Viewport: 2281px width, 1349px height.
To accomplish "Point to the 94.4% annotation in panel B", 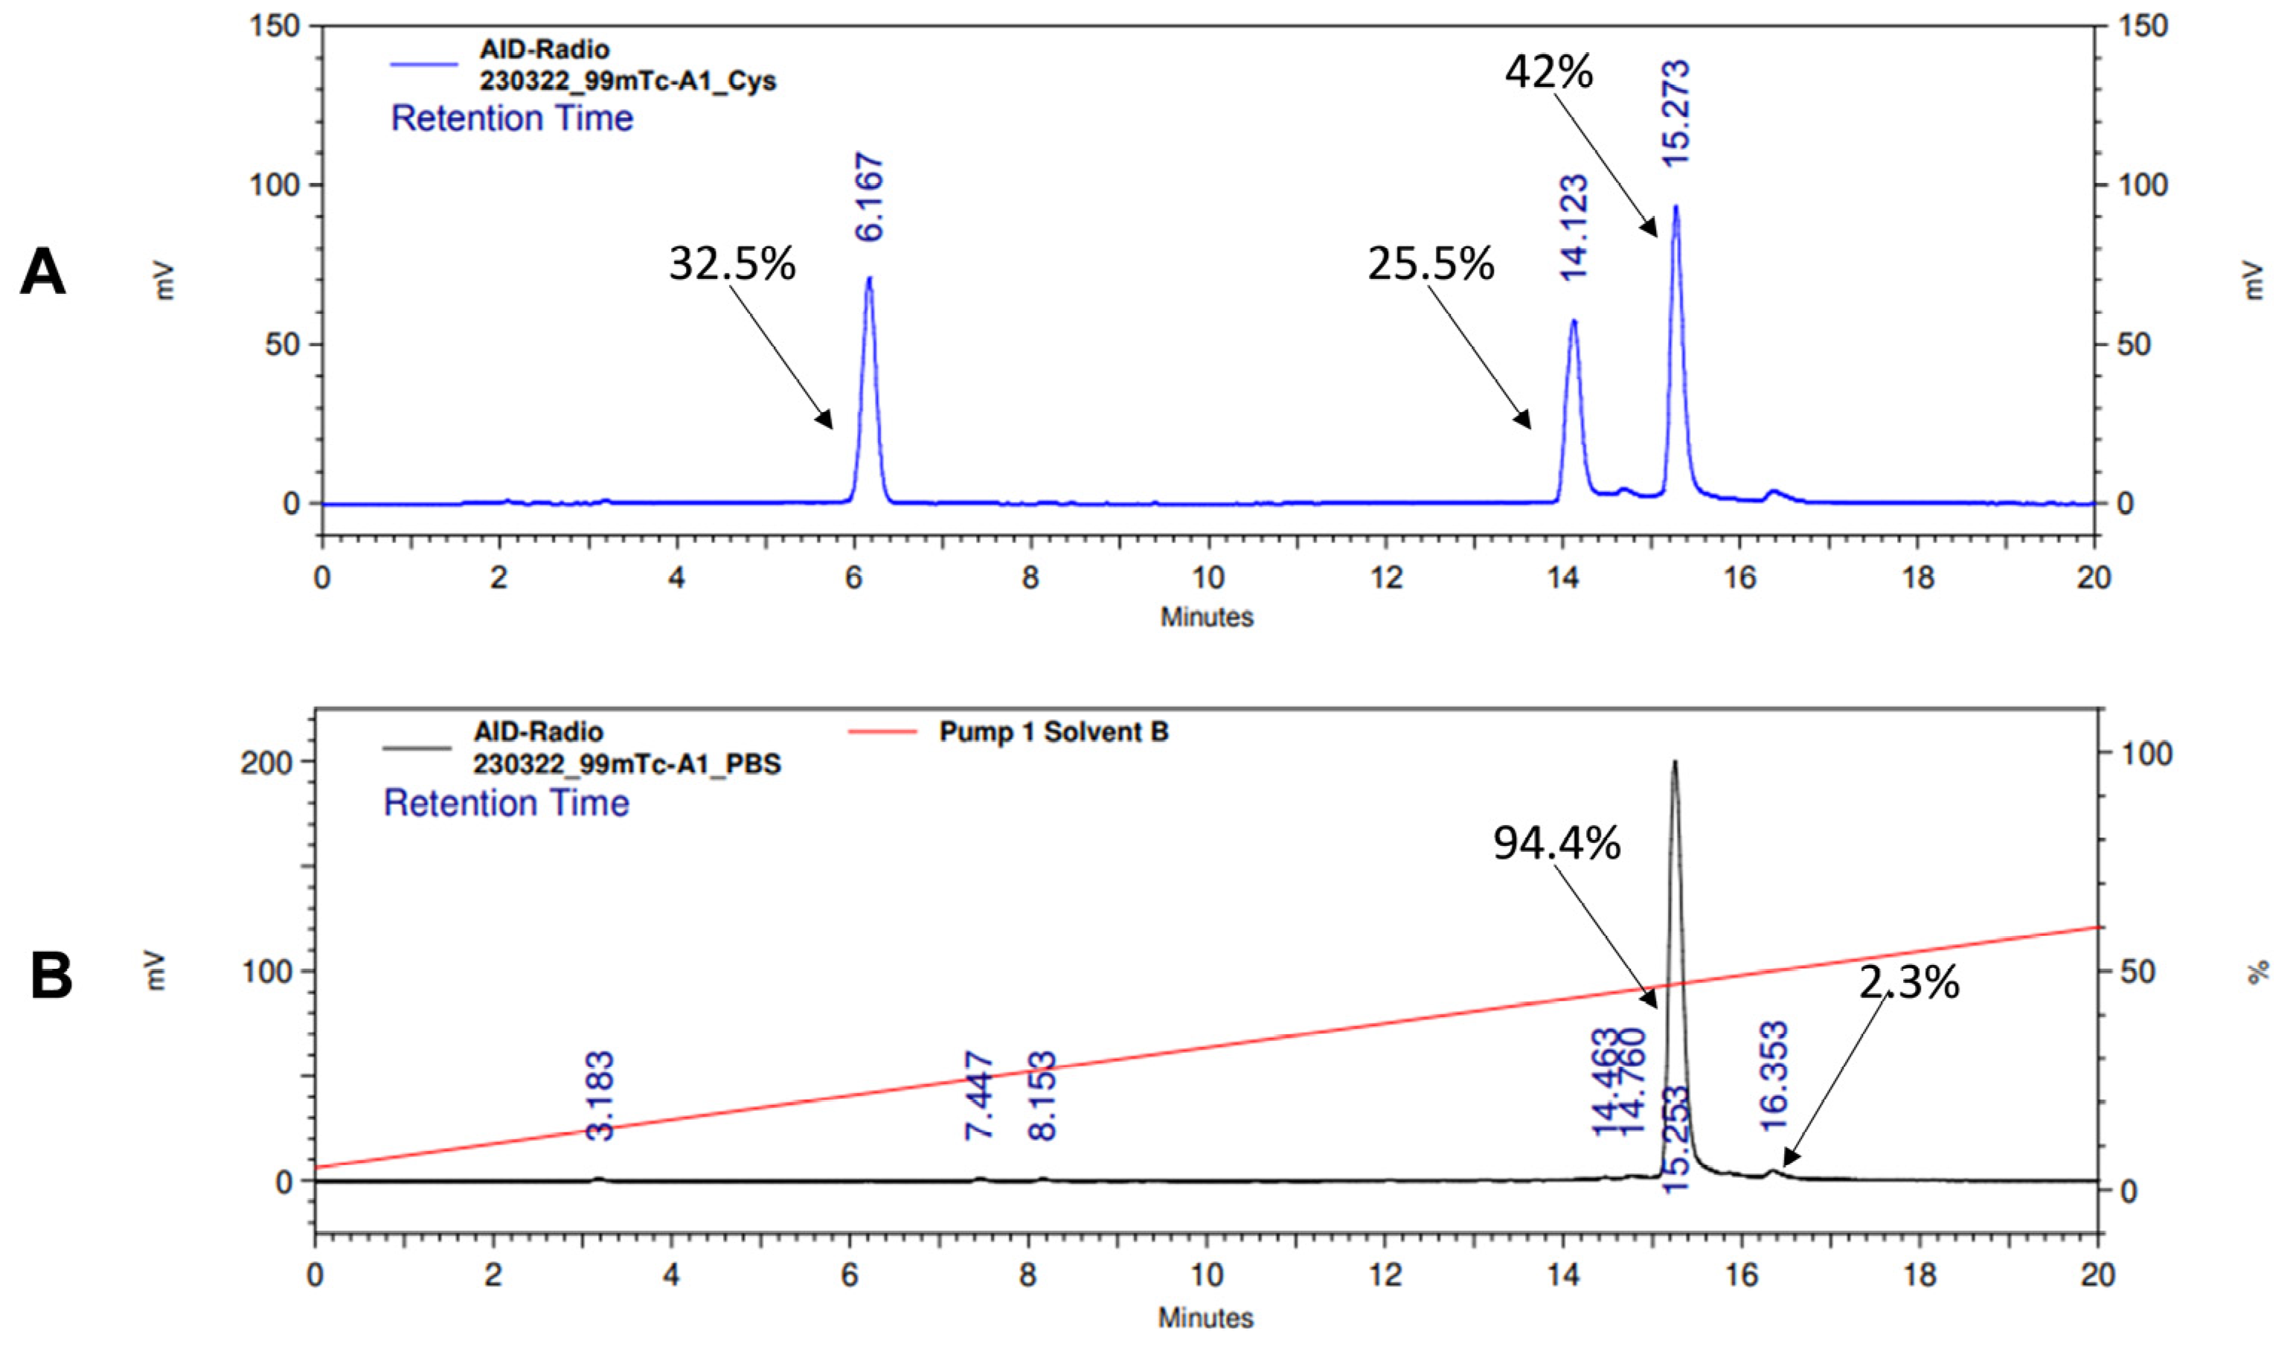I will [x=1556, y=844].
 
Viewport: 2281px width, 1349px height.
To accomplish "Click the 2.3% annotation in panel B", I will [x=1908, y=981].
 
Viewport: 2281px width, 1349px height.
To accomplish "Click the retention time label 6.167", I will [x=870, y=198].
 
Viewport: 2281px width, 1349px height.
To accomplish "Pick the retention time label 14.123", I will [x=1574, y=227].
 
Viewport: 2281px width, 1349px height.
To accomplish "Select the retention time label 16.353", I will [x=1774, y=1076].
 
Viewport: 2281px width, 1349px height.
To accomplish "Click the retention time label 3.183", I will [x=600, y=1095].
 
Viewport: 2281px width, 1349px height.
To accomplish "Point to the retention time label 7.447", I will [x=980, y=1095].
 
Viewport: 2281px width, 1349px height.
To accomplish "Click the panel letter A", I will [x=42, y=273].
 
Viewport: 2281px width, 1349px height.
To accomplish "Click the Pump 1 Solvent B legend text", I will [x=1054, y=731].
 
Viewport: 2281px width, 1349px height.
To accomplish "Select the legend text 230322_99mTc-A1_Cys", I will [x=628, y=81].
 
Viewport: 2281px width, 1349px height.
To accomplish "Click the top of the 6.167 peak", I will [x=869, y=278].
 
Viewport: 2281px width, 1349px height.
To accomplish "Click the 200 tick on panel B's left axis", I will [x=267, y=761].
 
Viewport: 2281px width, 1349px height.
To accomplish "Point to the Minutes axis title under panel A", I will [x=1207, y=618].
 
